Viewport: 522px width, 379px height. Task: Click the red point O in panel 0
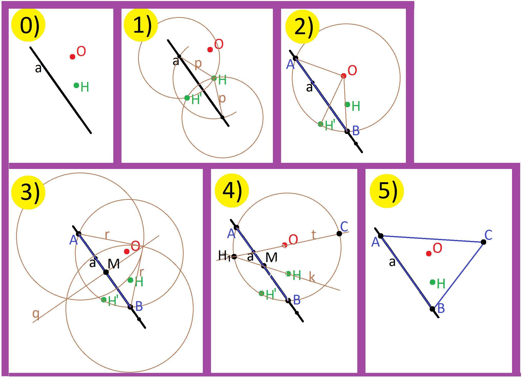72,56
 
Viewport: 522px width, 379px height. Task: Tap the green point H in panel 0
76,85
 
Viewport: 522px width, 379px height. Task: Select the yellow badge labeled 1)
140,25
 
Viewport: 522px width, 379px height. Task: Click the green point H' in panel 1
187,98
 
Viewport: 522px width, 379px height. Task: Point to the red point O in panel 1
210,50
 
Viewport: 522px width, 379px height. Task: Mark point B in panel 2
347,131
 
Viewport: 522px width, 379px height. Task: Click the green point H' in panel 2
320,124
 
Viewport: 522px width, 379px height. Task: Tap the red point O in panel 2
343,76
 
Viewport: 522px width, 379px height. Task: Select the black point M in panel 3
106,272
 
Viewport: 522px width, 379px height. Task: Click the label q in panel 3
36,314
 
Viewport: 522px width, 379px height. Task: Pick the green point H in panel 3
130,280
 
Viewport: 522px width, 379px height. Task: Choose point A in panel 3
79,234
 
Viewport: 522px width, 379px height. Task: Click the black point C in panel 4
339,233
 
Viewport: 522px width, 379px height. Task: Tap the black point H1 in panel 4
234,256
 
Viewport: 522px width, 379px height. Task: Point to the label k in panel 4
312,277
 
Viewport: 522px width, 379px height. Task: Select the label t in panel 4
314,234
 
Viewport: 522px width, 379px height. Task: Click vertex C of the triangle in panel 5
483,242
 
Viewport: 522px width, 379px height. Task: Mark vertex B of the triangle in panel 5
432,309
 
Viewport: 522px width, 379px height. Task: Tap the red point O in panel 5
429,253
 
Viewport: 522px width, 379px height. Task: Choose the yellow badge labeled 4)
232,190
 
